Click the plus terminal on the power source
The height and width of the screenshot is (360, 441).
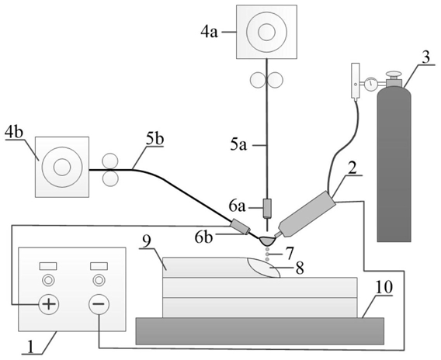coord(49,304)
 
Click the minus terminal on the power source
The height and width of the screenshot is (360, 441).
coord(99,304)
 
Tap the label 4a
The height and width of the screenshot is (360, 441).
coord(210,33)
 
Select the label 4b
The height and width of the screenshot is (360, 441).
coord(14,133)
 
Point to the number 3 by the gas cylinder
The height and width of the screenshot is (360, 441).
coord(426,57)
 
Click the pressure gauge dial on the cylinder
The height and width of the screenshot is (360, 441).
coord(371,84)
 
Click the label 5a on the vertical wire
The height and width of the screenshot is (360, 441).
coord(239,145)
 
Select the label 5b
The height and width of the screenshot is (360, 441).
coord(155,140)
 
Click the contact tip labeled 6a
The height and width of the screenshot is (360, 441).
coord(267,209)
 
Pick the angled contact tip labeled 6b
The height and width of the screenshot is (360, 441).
coord(240,227)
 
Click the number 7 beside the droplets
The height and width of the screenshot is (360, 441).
coord(290,253)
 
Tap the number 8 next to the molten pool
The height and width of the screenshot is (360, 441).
coord(300,268)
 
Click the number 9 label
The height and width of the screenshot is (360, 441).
coord(147,241)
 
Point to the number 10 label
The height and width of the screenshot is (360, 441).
coord(384,287)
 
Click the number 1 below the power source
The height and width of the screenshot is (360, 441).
coord(31,347)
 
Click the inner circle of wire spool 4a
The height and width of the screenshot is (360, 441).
coord(266,31)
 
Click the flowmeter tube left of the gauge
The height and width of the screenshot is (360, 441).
coord(356,81)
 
